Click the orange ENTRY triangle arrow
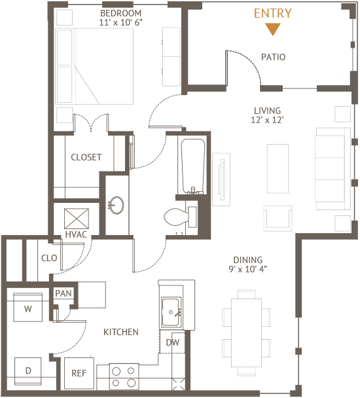[273, 29]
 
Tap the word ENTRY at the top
[273, 14]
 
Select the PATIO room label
[273, 57]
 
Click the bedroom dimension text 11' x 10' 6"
[120, 22]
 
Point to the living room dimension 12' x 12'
[267, 120]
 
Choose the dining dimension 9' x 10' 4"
[248, 269]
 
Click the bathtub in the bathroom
[192, 166]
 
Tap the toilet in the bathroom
[180, 217]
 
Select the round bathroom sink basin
[117, 205]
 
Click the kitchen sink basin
[171, 312]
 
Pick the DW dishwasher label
[173, 342]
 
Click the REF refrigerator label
[79, 373]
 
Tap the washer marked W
[28, 308]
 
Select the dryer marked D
[28, 371]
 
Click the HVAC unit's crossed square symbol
[77, 219]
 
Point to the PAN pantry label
[63, 293]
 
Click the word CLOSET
[86, 157]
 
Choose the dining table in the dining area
[247, 333]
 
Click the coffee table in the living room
[278, 169]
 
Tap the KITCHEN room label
[121, 332]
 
